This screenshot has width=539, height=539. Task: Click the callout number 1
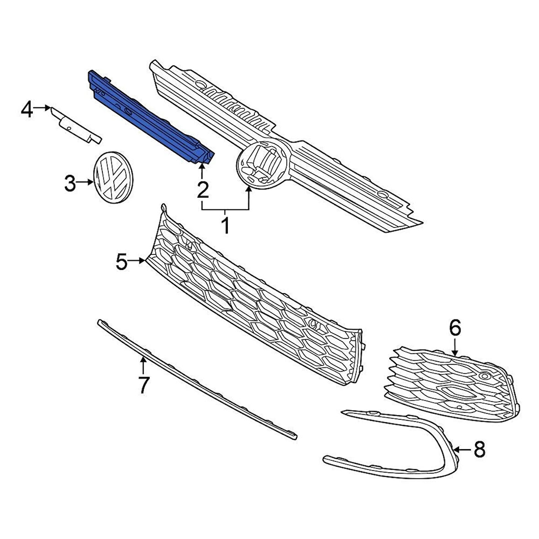[225, 226]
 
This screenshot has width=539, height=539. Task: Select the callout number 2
[202, 189]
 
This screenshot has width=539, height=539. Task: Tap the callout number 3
[70, 184]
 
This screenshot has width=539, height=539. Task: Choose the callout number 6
[455, 328]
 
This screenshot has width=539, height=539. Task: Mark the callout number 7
[143, 385]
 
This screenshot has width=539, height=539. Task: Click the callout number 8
[479, 450]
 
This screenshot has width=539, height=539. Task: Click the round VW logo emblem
[111, 178]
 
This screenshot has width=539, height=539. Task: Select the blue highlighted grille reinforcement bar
[146, 116]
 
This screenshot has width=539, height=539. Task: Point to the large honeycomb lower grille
[256, 301]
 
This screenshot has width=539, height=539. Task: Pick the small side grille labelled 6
[452, 384]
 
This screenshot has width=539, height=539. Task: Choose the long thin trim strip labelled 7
[196, 379]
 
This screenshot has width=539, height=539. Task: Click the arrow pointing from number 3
[86, 183]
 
